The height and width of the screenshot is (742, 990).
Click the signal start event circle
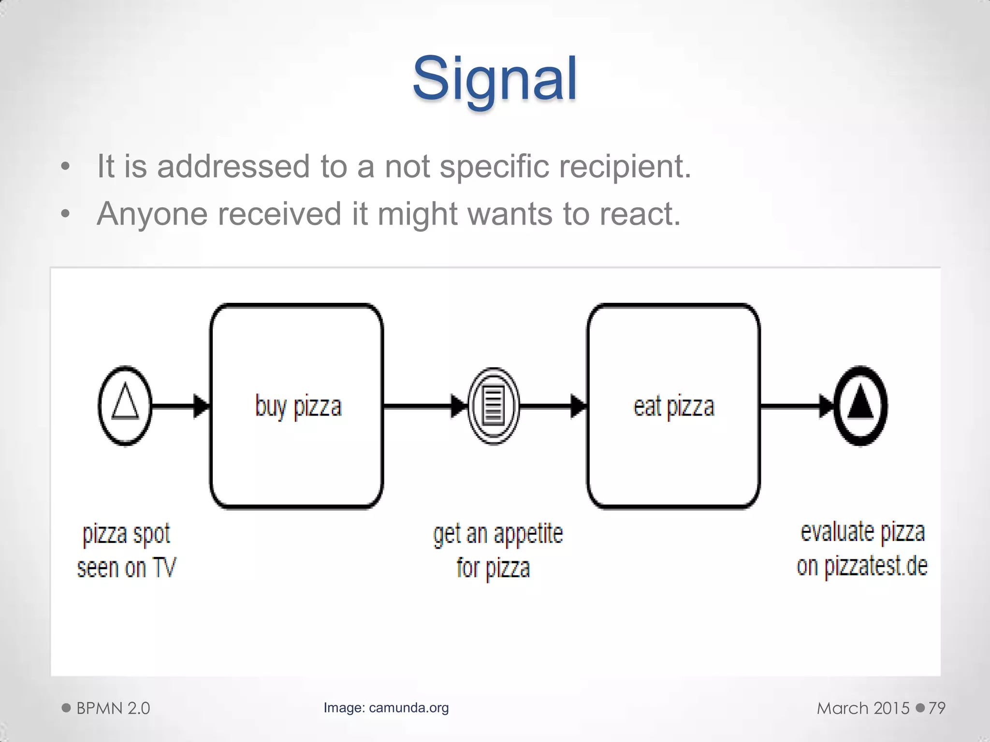[125, 405]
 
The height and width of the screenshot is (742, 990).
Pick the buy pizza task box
[297, 406]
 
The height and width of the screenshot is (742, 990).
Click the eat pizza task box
[673, 406]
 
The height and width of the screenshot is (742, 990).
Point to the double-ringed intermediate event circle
[493, 406]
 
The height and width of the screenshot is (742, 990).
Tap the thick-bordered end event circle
[860, 406]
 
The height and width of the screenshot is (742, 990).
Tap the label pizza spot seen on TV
[127, 551]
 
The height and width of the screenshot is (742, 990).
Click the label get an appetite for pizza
[498, 551]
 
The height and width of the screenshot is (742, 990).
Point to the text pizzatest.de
[875, 566]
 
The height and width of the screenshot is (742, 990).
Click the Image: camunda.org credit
[386, 708]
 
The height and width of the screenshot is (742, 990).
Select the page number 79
[936, 708]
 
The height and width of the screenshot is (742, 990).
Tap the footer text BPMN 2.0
[113, 708]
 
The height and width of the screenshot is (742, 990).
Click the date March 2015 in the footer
[863, 708]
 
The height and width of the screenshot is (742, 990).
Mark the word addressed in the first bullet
[233, 167]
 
